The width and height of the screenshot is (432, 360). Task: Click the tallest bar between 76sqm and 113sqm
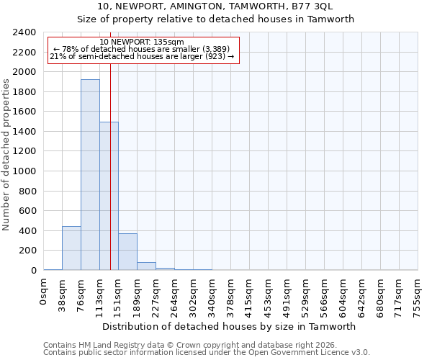click(90, 175)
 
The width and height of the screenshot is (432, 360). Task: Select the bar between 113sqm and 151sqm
click(109, 196)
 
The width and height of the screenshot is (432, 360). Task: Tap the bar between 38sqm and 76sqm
click(71, 248)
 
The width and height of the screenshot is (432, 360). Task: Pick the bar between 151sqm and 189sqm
click(127, 252)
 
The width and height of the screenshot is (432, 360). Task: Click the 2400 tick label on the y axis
click(24, 32)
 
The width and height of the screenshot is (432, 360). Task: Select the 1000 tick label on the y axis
click(24, 171)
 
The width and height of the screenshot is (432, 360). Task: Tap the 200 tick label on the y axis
click(27, 251)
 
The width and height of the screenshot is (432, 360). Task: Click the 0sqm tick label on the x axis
click(44, 292)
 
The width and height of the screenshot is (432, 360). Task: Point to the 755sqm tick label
click(418, 295)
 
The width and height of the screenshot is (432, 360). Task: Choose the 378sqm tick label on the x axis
click(231, 295)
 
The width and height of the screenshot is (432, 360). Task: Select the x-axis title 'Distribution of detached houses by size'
click(230, 326)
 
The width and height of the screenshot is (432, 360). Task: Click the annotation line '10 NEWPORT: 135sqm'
click(142, 42)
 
